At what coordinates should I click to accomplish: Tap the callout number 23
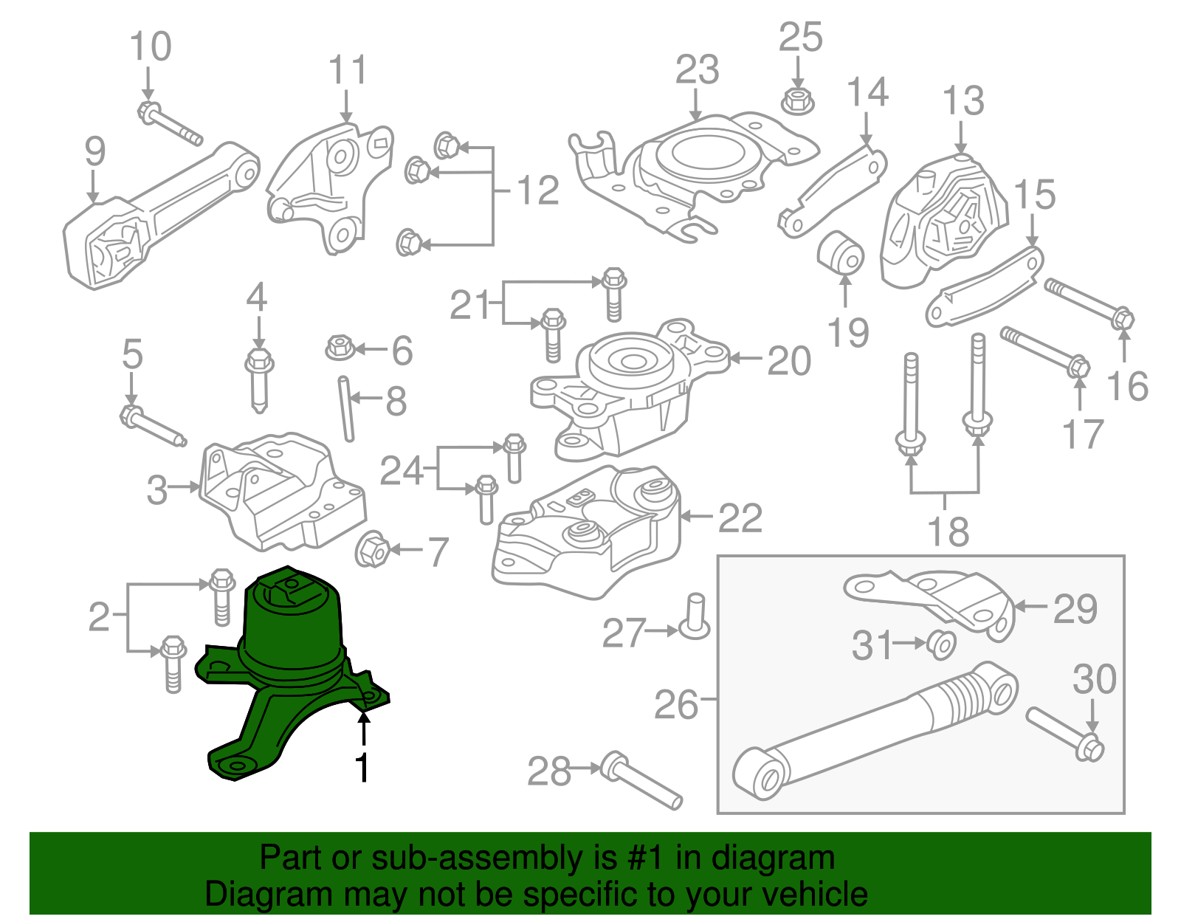[x=697, y=70]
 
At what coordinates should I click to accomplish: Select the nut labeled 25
[x=796, y=100]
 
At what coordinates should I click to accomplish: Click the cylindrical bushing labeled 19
[x=841, y=252]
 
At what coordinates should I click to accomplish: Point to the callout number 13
[x=963, y=101]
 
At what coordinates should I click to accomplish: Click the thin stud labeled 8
[x=346, y=407]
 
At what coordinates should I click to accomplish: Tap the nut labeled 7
[x=372, y=550]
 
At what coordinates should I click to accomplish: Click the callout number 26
[x=675, y=705]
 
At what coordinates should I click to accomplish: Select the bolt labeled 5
[x=151, y=426]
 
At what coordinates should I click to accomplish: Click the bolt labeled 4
[x=258, y=379]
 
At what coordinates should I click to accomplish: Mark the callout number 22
[x=740, y=517]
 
